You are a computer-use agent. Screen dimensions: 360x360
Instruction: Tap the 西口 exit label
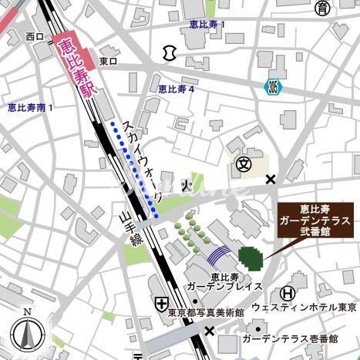pos(34,36)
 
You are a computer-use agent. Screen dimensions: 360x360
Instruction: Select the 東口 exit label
pos(108,60)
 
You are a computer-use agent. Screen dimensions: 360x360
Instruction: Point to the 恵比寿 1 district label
pos(207,25)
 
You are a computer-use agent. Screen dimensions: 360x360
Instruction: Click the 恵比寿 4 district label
pos(176,89)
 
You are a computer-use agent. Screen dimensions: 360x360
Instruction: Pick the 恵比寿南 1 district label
pos(30,107)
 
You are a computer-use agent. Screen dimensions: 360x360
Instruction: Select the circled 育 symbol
pos(322,8)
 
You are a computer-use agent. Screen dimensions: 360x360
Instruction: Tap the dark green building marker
pos(250,257)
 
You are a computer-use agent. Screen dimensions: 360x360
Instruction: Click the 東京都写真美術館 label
pos(206,313)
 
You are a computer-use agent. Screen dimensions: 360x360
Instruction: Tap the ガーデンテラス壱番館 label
pos(289,338)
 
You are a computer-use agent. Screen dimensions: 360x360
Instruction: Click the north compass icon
pos(28,333)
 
